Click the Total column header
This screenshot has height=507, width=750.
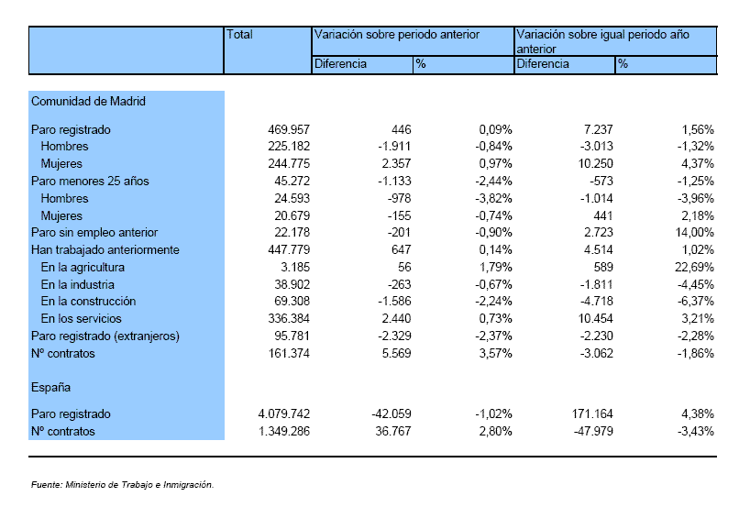pos(239,35)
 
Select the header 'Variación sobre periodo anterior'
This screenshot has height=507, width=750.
pos(396,35)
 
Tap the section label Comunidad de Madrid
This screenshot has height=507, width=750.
pos(88,102)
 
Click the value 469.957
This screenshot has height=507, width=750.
pos(289,129)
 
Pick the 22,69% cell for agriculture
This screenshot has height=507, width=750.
pos(694,267)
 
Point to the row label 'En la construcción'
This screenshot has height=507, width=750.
pos(89,302)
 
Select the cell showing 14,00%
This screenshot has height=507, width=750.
pos(694,233)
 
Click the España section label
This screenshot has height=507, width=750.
pos(50,388)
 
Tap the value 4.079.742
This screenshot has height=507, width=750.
pos(284,413)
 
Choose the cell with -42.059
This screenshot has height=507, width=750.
pos(392,413)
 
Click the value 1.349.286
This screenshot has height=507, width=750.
pos(284,432)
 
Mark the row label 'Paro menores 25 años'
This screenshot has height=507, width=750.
pos(90,182)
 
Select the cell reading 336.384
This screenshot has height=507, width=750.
pos(289,318)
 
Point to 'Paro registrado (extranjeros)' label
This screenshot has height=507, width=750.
pos(105,336)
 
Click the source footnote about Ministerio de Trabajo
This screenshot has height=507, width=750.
pos(123,484)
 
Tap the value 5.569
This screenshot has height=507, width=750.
pos(396,354)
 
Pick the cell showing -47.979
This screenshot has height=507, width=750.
pos(593,432)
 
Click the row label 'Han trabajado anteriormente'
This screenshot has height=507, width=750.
pos(105,250)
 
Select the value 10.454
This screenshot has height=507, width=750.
pos(595,318)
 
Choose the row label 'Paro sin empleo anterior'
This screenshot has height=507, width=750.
pos(94,233)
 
